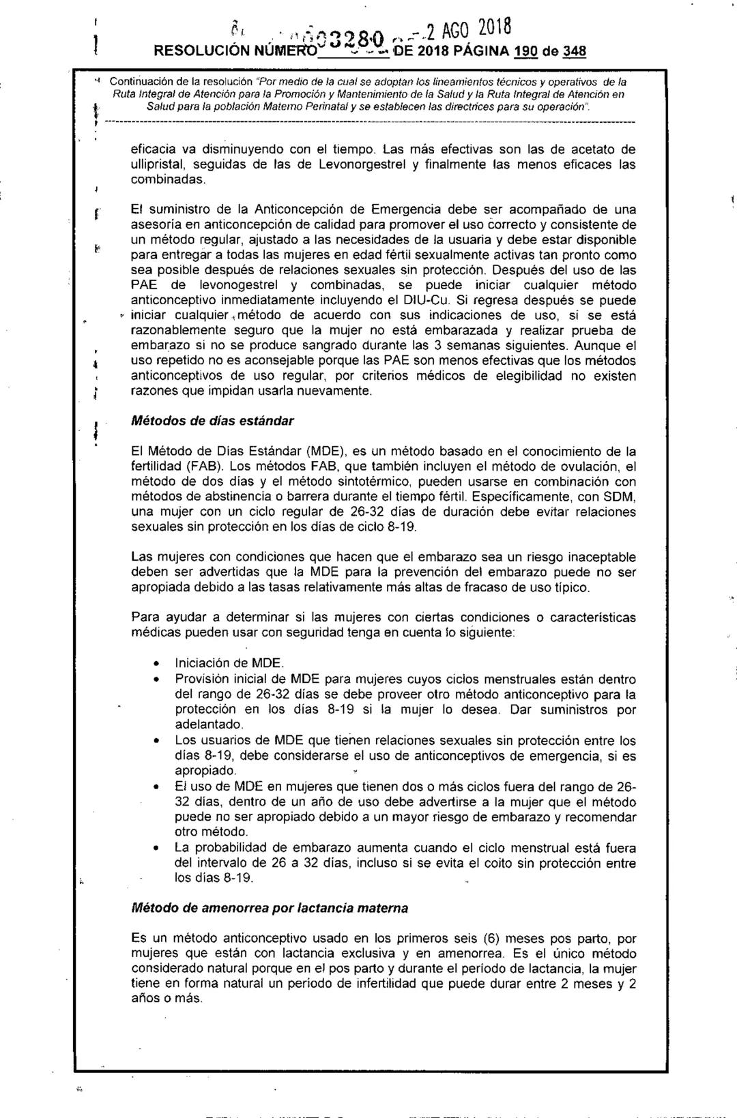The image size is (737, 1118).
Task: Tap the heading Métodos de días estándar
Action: (x=212, y=421)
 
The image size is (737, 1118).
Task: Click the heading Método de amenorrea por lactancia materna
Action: (x=270, y=908)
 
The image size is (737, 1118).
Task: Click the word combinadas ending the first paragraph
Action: (x=168, y=179)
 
